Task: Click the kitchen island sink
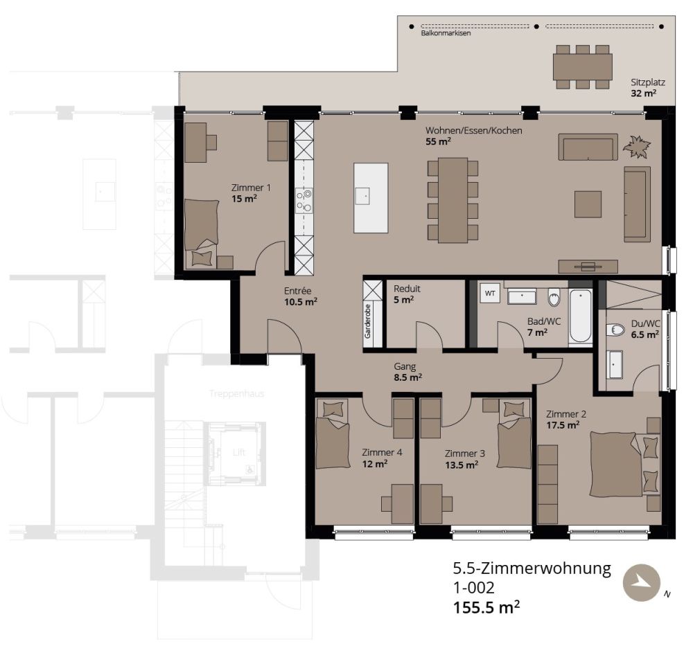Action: coord(362,196)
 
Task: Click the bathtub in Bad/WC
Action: coord(580,316)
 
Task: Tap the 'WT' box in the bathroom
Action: coord(490,294)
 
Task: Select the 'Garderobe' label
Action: coord(368,321)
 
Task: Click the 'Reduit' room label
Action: coord(407,289)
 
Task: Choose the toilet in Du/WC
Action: coord(615,330)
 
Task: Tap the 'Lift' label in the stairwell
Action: coord(239,452)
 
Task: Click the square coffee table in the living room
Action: coord(588,204)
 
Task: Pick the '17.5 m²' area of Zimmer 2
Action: coord(562,426)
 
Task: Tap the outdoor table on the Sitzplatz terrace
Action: coord(582,67)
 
